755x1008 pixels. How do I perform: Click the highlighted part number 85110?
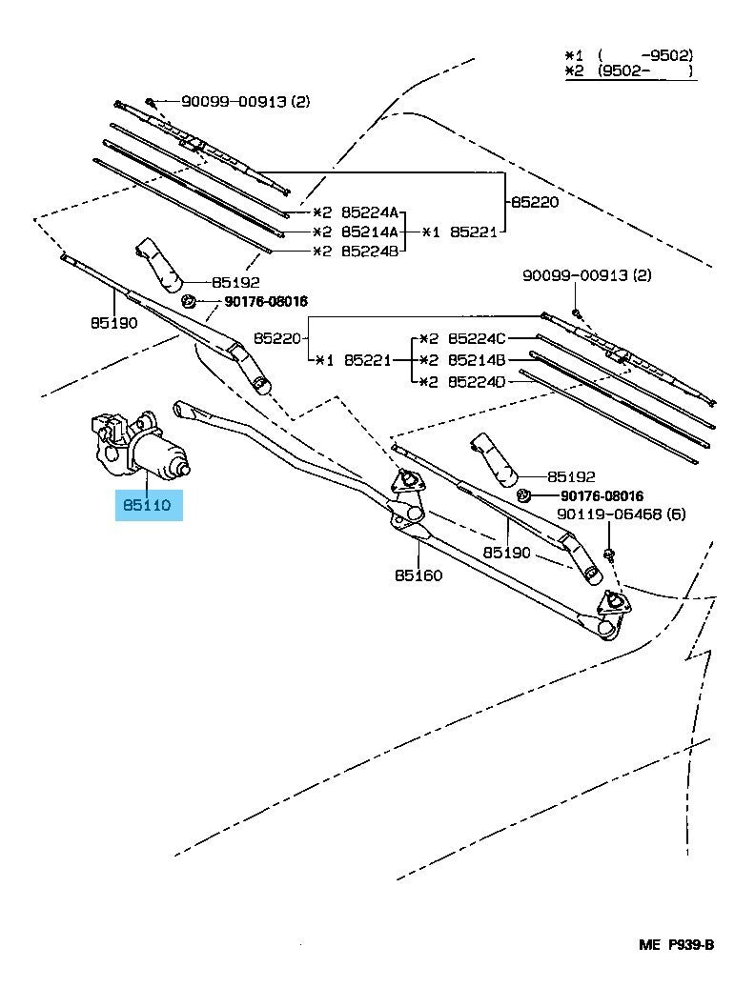147,505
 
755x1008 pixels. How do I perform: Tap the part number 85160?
418,575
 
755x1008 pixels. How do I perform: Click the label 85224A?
370,212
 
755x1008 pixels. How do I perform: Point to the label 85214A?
370,232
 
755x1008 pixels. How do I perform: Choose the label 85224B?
370,251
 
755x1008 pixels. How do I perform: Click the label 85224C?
478,337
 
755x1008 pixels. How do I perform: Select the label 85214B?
478,360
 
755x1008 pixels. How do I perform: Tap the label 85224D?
478,382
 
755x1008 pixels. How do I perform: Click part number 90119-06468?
602,514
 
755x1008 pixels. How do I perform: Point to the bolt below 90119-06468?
608,553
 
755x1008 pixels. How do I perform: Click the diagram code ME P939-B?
677,944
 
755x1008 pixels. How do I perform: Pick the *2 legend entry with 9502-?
629,71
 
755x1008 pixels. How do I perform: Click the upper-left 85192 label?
235,282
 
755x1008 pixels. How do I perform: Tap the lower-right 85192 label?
571,476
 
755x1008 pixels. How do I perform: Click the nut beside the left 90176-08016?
189,301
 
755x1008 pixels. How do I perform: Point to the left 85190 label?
113,322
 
